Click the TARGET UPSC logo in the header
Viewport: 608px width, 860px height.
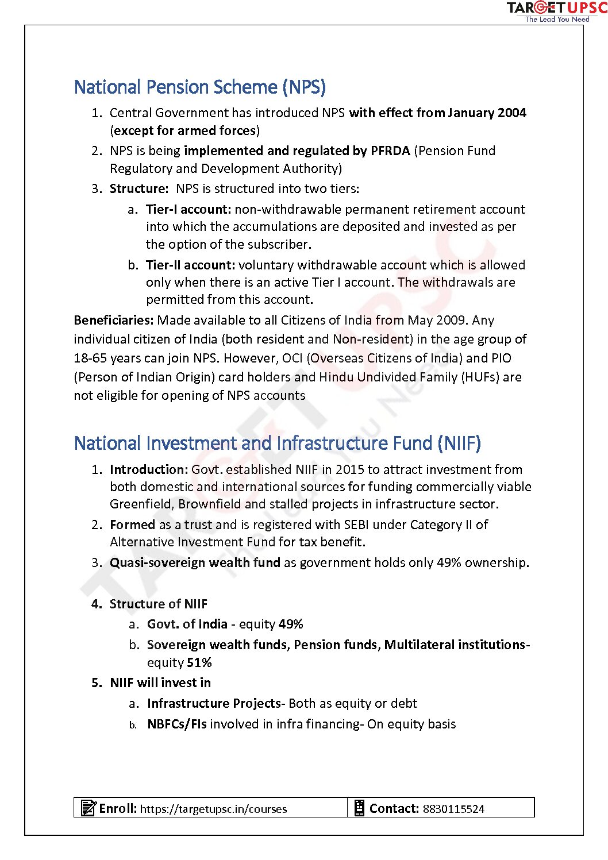556,11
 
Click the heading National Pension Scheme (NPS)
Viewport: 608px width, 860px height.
200,87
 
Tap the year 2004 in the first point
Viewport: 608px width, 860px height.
512,113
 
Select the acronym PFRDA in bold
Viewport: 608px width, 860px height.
390,151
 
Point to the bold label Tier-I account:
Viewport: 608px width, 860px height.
188,209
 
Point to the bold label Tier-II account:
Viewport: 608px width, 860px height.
190,265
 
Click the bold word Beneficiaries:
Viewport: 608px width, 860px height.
114,320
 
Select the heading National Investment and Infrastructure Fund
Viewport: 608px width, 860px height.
277,444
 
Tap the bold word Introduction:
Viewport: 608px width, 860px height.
149,469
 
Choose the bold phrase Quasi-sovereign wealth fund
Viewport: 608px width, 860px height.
195,562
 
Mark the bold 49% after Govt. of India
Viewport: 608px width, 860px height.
291,624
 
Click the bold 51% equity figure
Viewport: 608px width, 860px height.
199,662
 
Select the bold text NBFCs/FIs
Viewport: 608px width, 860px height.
176,724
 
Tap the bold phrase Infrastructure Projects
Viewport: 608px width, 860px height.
213,703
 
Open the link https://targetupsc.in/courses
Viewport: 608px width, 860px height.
213,809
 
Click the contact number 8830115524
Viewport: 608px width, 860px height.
453,809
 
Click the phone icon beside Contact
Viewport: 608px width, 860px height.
359,808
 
